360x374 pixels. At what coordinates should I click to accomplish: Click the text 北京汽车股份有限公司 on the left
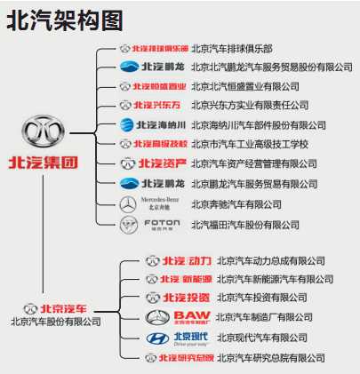[x=55, y=322]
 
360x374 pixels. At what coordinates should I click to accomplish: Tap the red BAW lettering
[x=190, y=316]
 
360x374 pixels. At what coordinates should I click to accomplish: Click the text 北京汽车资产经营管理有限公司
[x=253, y=164]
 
